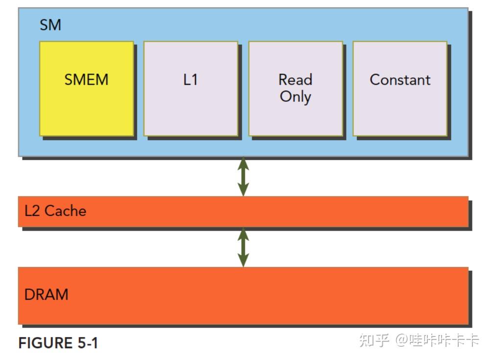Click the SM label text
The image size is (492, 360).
50,25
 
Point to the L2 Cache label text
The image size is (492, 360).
55,211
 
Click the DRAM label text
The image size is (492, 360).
46,295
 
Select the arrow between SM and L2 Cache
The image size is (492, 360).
243,176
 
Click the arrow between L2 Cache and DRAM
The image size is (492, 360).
243,247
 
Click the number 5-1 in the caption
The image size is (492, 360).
88,343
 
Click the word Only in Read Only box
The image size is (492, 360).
295,96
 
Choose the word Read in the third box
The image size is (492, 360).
295,79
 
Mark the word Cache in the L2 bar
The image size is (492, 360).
65,211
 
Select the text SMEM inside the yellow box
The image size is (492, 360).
86,79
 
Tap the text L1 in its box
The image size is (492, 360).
190,79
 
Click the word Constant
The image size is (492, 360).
400,79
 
